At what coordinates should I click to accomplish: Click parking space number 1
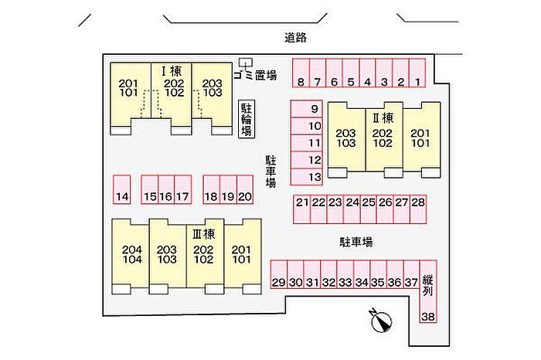point(417,73)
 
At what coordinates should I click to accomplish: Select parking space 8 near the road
point(301,73)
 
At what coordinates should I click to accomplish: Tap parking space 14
point(122,189)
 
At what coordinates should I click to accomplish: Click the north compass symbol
point(380,321)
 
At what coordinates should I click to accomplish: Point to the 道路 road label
point(295,38)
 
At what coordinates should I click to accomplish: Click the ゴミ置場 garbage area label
point(255,74)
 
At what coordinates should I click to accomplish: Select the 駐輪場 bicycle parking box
point(247,119)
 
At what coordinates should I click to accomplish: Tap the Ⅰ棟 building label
point(172,71)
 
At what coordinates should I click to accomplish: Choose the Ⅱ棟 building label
point(383,118)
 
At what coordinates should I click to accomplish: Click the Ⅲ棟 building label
point(204,235)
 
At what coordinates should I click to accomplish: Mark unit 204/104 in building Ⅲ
point(132,254)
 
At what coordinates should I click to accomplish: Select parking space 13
point(306,177)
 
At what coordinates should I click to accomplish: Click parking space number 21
point(302,209)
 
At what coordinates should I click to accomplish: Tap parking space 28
point(418,209)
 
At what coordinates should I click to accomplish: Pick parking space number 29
point(279,274)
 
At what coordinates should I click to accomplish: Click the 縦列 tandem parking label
point(428,286)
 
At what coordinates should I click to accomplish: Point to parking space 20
point(245,189)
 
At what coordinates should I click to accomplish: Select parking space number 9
point(306,109)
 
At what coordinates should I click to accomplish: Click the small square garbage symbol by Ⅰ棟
point(245,63)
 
